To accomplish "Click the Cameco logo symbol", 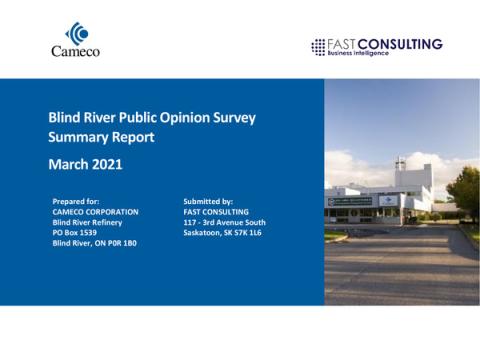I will pyautogui.click(x=75, y=34).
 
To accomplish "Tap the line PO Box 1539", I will pyautogui.click(x=76, y=232).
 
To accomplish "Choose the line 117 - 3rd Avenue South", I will pyautogui.click(x=225, y=221).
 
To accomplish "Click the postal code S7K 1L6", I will pyautogui.click(x=253, y=232).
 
